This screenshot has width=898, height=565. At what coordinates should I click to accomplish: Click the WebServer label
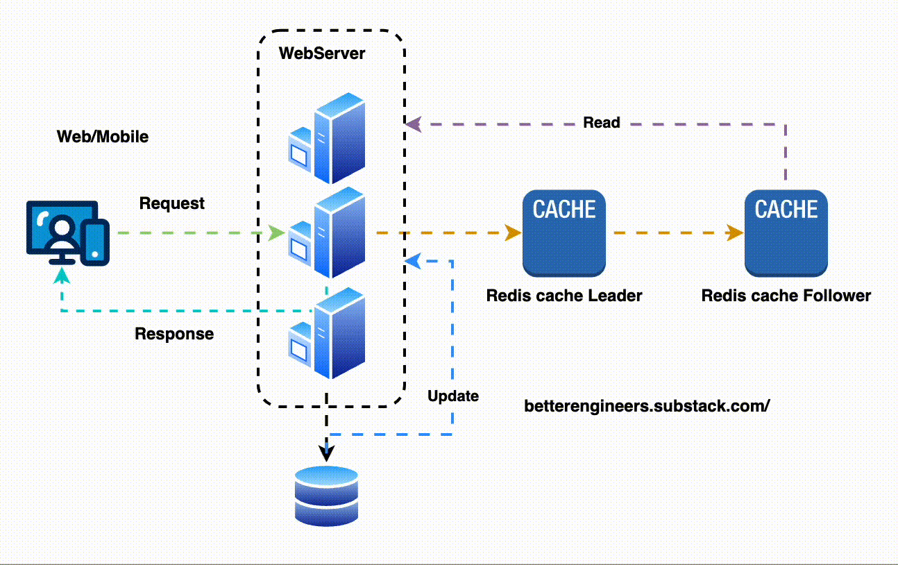321,53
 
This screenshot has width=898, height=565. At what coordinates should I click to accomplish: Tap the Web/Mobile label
102,136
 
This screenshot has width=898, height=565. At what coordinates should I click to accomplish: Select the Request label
172,203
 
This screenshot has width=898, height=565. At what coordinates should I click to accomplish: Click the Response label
174,334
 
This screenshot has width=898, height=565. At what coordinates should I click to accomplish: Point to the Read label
601,123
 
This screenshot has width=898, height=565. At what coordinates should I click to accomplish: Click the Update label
453,396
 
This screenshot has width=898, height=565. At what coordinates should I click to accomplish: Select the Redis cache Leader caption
564,296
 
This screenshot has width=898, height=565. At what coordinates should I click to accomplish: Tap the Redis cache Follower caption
786,296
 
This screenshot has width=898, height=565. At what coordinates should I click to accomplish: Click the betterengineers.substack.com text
647,406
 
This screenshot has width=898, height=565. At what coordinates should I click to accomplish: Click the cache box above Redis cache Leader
564,233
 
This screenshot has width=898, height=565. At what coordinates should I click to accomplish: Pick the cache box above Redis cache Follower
786,233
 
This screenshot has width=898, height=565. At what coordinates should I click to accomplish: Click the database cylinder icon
326,496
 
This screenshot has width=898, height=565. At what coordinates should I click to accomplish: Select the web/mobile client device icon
67,233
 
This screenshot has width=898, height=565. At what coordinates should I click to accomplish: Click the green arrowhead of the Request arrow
278,233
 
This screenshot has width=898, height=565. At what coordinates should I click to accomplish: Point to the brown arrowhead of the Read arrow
414,124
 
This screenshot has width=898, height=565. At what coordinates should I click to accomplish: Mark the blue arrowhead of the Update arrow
412,262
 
